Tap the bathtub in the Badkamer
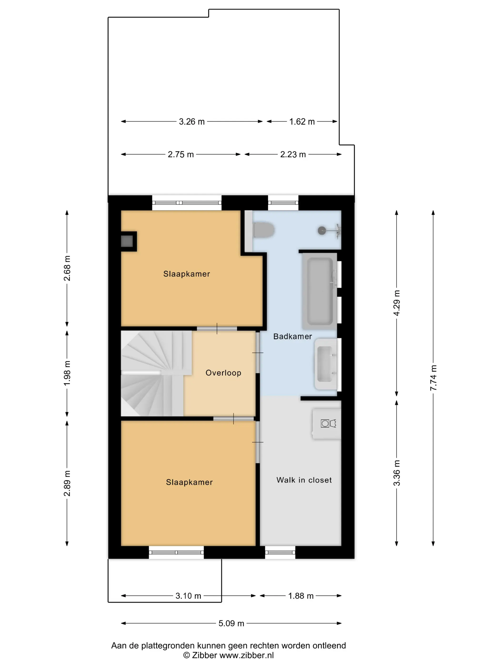click(320, 291)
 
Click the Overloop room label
click(223, 373)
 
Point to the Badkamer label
click(292, 336)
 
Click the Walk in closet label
click(304, 480)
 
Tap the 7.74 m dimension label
click(433, 378)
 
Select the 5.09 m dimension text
click(231, 623)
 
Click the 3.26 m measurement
click(192, 121)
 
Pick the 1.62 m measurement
click(302, 121)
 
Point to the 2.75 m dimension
click(180, 154)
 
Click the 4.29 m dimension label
click(397, 303)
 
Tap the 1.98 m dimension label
click(67, 373)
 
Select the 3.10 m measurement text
click(188, 596)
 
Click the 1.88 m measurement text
click(301, 596)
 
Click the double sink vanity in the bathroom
click(326, 364)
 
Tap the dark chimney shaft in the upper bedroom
click(127, 241)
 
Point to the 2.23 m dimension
click(293, 154)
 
